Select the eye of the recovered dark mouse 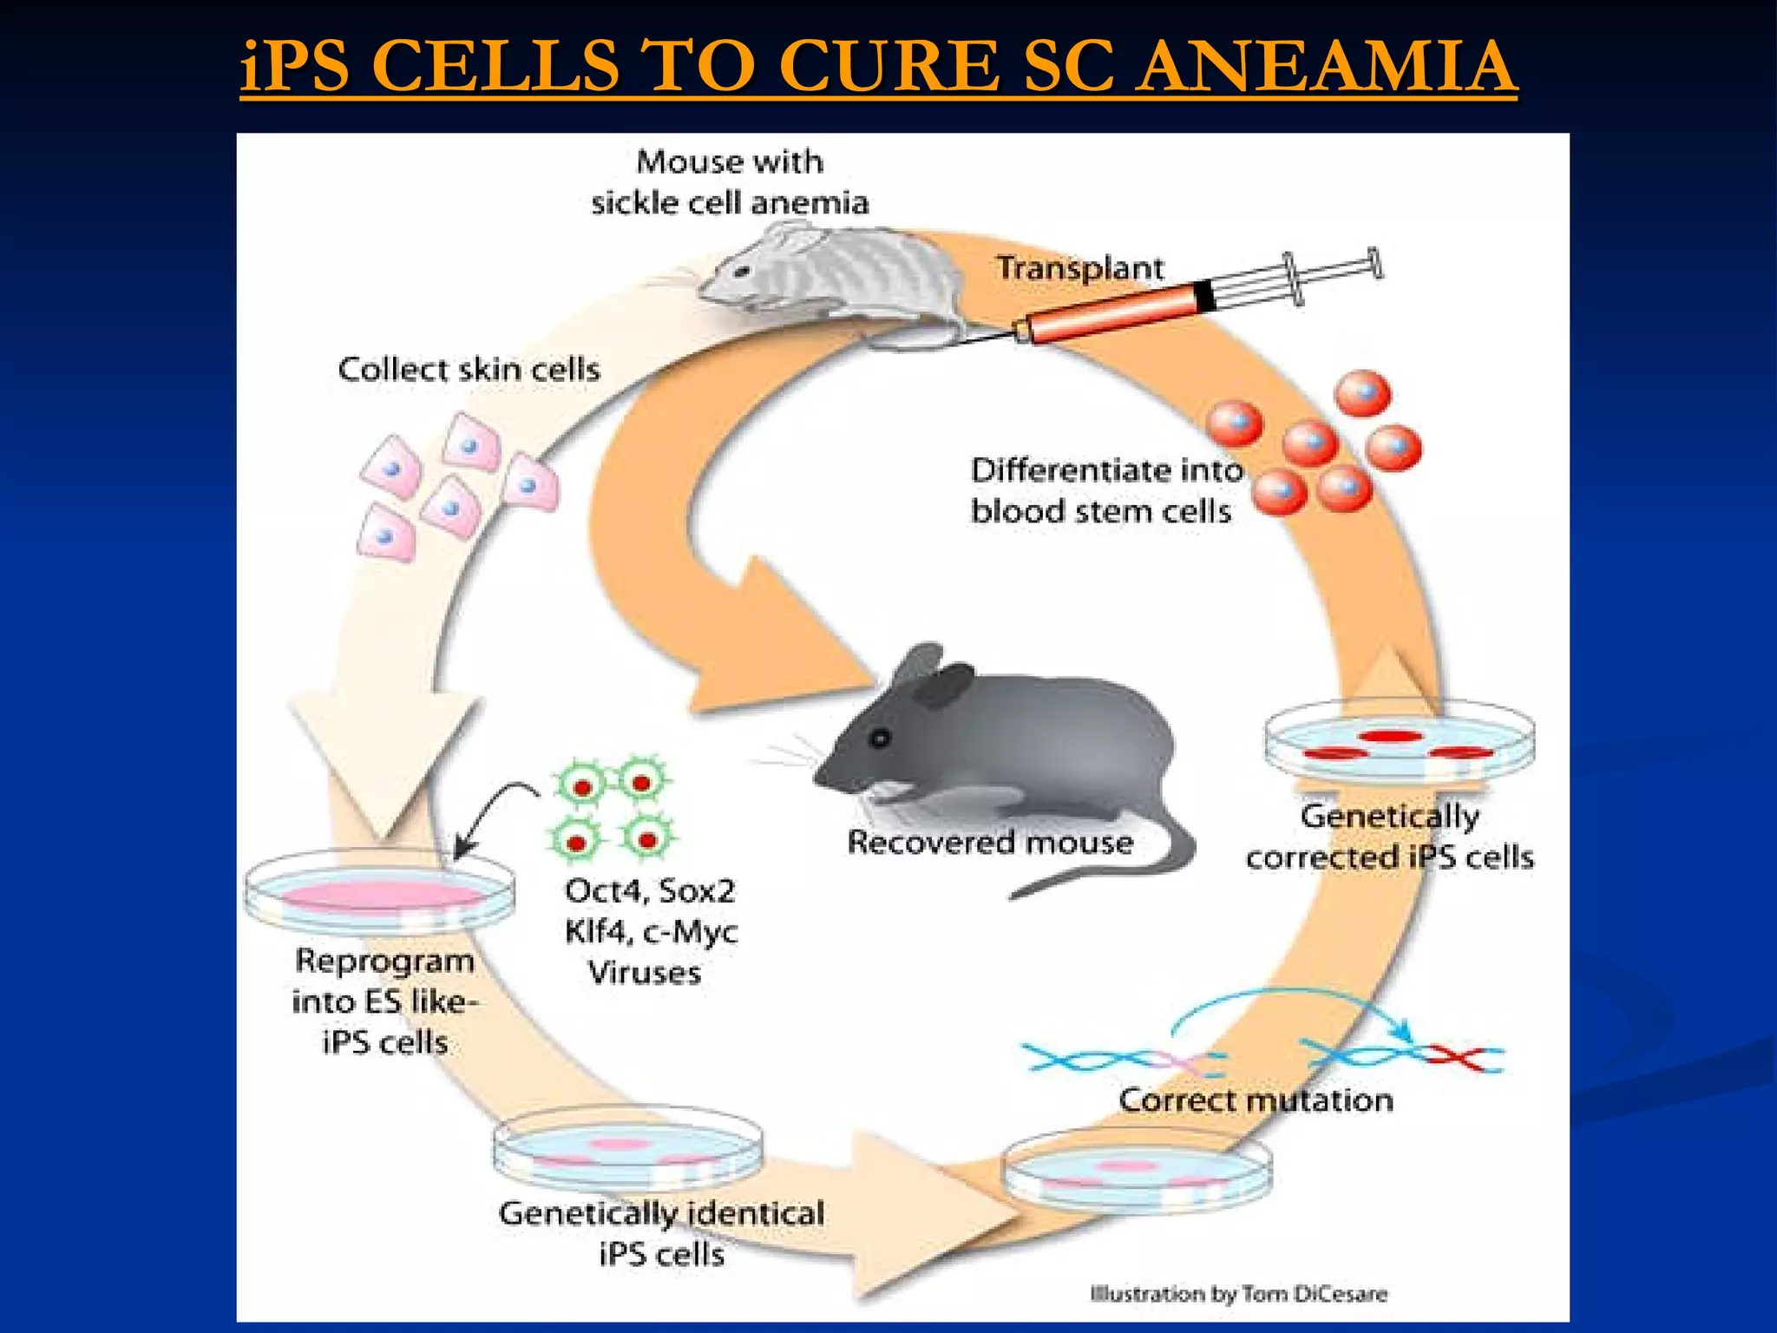click(x=881, y=738)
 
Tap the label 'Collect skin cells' click(x=469, y=370)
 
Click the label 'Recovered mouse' click(x=990, y=843)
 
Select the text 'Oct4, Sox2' click(x=649, y=891)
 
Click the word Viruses click(x=645, y=973)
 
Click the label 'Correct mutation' click(x=1256, y=1100)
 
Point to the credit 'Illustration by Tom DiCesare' click(x=1238, y=1295)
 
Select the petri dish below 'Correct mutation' click(x=1137, y=1172)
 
